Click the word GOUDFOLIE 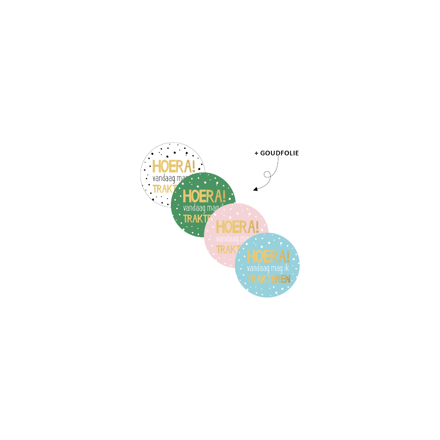click(x=279, y=153)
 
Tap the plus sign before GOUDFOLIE click(x=256, y=153)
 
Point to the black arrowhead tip click(x=254, y=190)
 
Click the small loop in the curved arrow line click(x=267, y=175)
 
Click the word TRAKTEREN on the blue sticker click(x=268, y=279)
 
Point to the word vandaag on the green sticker click(x=194, y=208)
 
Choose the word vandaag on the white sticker click(x=164, y=179)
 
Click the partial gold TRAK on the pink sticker click(x=225, y=250)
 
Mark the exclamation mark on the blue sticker click(x=287, y=256)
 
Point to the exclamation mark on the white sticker click(x=193, y=166)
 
